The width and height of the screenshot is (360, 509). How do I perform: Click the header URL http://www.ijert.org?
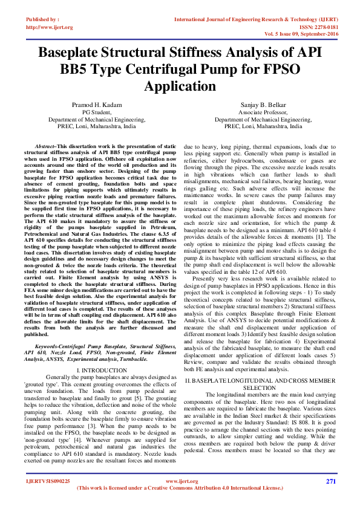(x=50, y=27)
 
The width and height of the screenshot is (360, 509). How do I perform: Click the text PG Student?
(x=96, y=112)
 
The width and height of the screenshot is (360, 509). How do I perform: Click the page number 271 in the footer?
(x=330, y=481)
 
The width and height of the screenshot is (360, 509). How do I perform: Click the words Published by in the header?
(x=42, y=20)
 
